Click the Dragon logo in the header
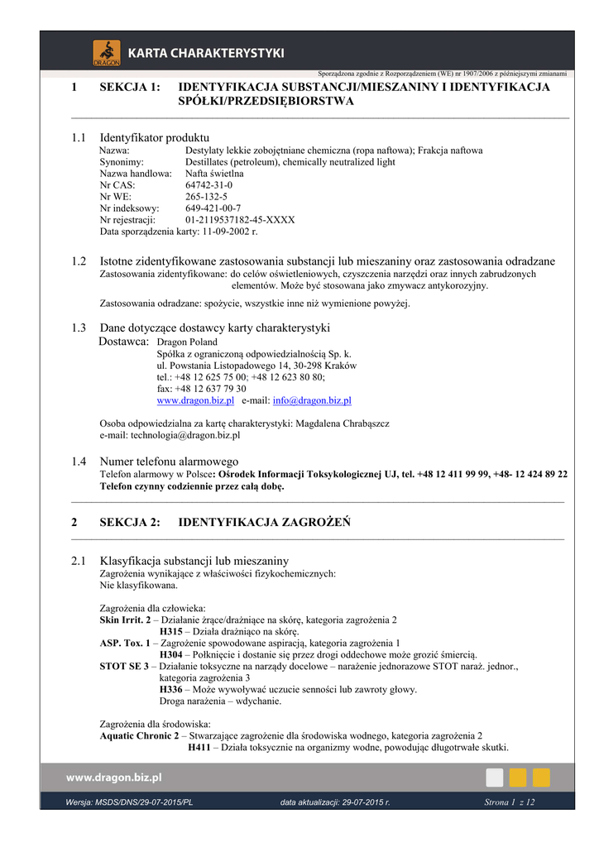pos(106,52)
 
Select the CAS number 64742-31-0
pos(208,185)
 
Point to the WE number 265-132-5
pos(206,197)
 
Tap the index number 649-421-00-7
pos(213,208)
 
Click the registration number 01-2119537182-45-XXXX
pos(240,220)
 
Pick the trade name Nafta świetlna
pos(214,174)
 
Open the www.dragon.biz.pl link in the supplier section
pos(195,400)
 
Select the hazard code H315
pos(171,631)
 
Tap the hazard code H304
pos(171,654)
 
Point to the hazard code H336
pos(171,689)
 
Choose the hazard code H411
pos(199,748)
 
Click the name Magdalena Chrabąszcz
pos(343,423)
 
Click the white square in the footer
pos(494,778)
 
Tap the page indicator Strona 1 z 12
pos(509,802)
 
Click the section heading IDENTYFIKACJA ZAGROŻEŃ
pos(265,522)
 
